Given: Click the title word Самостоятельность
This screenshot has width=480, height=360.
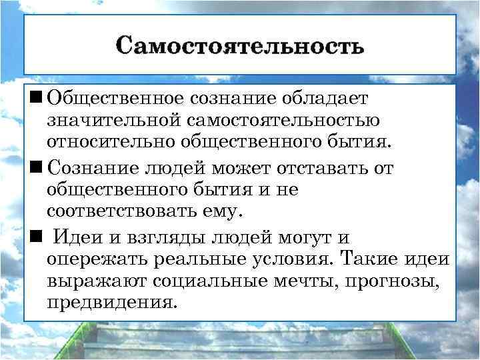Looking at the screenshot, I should tap(240, 46).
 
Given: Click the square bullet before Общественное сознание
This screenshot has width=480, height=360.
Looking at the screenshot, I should tap(33, 98).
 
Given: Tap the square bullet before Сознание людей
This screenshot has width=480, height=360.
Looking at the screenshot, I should tap(33, 168).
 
